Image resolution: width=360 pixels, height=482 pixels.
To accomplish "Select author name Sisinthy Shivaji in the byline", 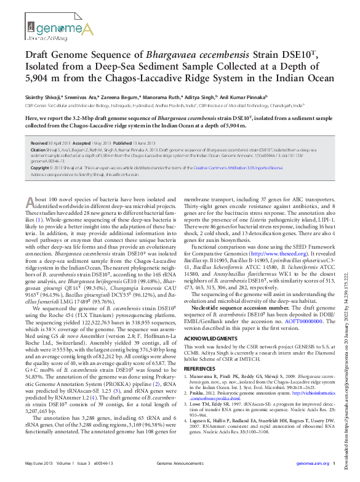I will [x=42, y=97].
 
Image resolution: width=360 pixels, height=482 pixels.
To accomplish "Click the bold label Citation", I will [x=38, y=150].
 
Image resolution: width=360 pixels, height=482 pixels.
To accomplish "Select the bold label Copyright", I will [x=40, y=167].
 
